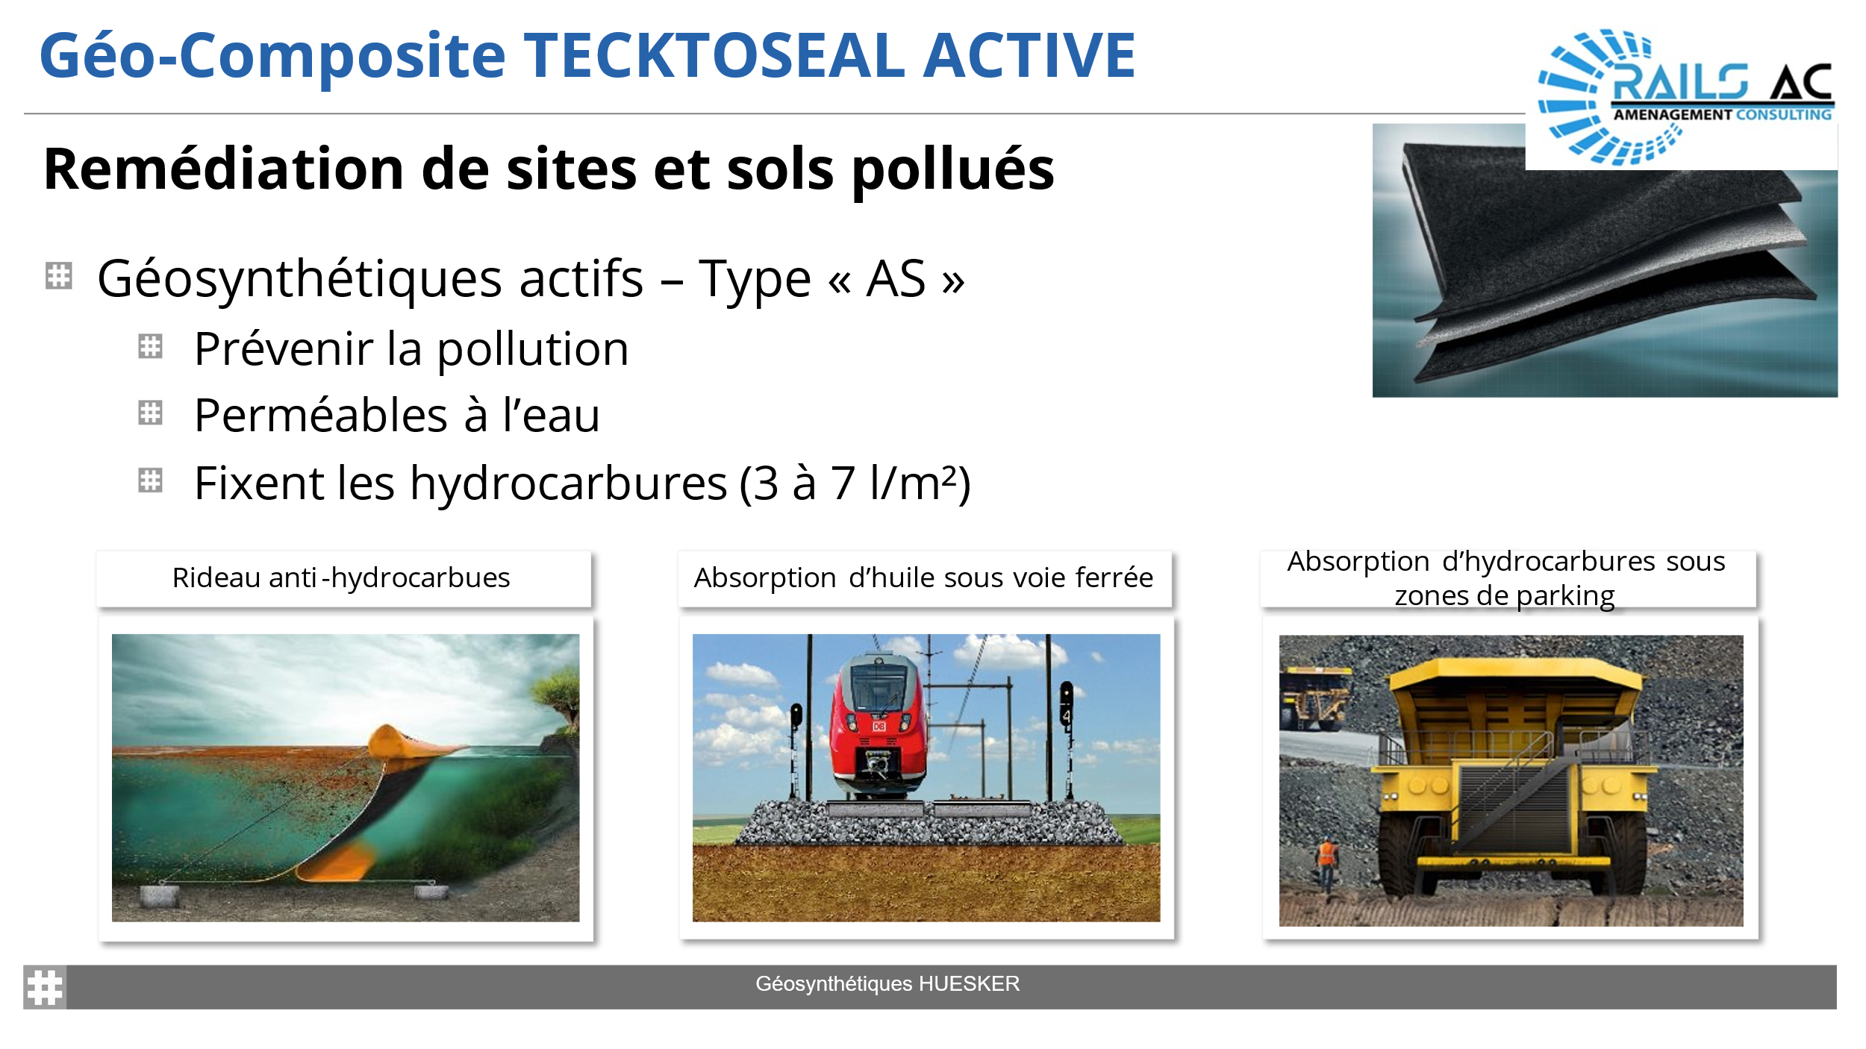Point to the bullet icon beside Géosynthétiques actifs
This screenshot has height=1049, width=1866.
click(58, 275)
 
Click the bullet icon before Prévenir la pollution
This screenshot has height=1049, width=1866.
click(150, 346)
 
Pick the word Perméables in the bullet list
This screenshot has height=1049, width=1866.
click(320, 415)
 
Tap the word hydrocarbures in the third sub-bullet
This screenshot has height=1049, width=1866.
click(568, 483)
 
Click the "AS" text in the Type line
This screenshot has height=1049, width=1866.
click(896, 279)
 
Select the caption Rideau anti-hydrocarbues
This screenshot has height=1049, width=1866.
click(341, 578)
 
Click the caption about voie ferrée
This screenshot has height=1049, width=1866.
click(923, 578)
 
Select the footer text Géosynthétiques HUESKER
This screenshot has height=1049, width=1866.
click(887, 984)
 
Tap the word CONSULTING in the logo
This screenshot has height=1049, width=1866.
click(1784, 115)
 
